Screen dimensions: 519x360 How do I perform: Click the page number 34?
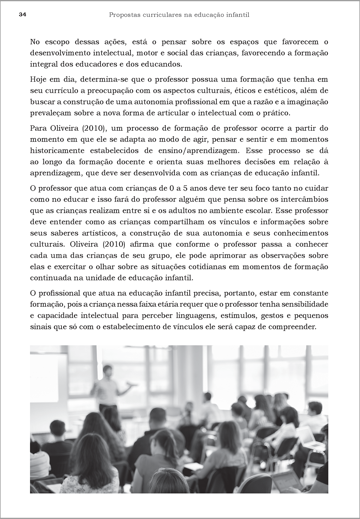23,15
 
